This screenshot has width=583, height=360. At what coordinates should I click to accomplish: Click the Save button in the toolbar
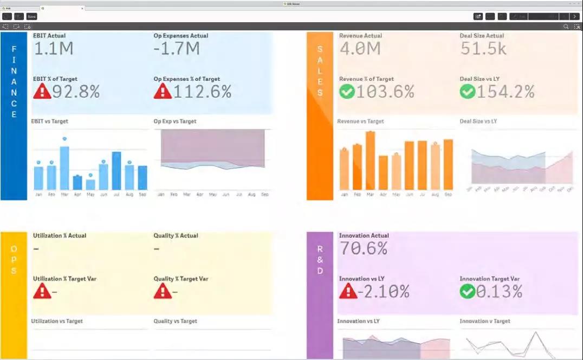[x=32, y=17]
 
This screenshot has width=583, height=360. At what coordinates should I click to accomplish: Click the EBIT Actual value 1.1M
[x=53, y=49]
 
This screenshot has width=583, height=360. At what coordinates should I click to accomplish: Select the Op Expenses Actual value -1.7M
[x=177, y=49]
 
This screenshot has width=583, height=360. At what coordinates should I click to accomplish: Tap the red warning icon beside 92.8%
[x=42, y=92]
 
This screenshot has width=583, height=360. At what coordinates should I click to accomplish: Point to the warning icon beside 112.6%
[x=163, y=92]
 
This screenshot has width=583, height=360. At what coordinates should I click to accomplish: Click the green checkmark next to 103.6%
[x=347, y=92]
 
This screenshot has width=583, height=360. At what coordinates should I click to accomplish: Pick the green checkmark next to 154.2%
[x=468, y=92]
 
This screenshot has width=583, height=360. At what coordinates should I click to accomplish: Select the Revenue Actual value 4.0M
[x=360, y=49]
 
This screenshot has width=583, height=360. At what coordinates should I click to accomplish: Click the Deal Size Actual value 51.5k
[x=483, y=49]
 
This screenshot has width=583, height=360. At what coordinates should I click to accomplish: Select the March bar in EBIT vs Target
[x=64, y=168]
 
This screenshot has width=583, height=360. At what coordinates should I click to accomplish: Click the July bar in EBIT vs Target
[x=116, y=171]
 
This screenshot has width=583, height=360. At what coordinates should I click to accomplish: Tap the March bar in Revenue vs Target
[x=371, y=160]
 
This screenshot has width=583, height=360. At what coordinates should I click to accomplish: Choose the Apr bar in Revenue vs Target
[x=384, y=172]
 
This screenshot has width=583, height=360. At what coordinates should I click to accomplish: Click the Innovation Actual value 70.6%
[x=363, y=249]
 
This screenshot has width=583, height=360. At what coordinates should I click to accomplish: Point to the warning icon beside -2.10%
[x=347, y=292]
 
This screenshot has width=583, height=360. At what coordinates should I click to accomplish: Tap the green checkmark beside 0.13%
[x=468, y=292]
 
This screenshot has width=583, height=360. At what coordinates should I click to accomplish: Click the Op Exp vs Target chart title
[x=175, y=121]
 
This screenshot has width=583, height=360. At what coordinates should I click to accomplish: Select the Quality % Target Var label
[x=181, y=279]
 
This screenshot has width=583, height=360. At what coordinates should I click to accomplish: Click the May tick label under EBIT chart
[x=90, y=194]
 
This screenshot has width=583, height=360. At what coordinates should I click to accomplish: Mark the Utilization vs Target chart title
[x=57, y=322]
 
